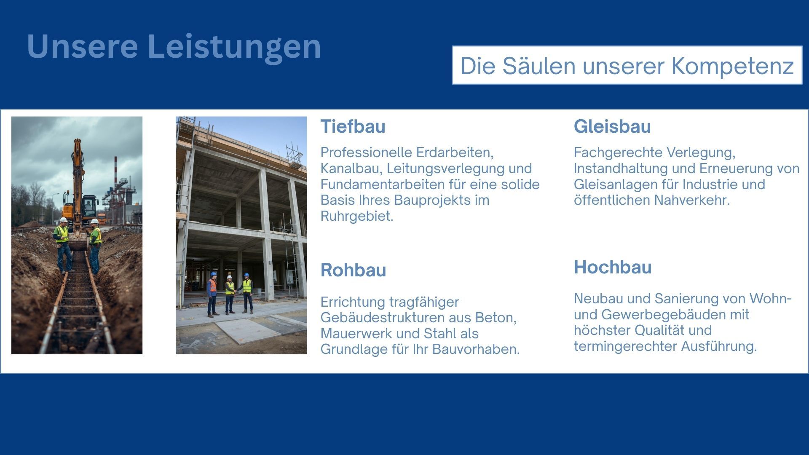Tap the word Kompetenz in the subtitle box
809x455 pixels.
point(732,66)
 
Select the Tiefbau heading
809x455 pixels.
point(353,126)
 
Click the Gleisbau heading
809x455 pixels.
point(612,126)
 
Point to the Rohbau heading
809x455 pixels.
point(353,270)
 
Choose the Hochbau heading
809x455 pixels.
point(613,267)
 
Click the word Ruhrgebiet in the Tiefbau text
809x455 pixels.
point(356,216)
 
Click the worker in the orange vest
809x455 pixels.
point(212,294)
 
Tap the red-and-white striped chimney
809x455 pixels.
point(115,173)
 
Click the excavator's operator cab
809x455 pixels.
point(89,206)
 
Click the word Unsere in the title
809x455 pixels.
point(83,47)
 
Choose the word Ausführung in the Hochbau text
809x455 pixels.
point(719,346)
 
